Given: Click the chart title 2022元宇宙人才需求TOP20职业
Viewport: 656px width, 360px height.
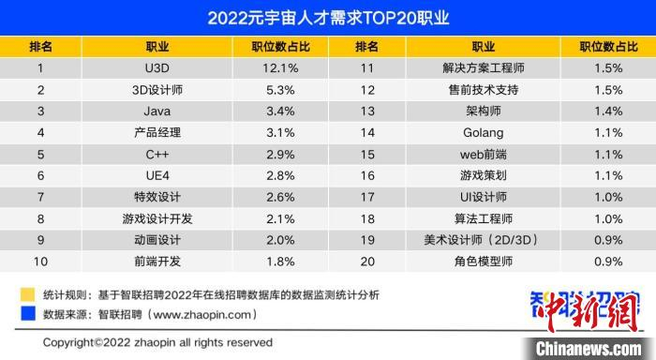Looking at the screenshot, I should [328, 18].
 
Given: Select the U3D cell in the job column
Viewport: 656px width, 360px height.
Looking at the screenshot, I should [157, 68].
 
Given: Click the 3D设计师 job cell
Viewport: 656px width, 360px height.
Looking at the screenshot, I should [157, 90].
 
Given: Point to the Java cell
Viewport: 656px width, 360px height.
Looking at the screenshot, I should [157, 112].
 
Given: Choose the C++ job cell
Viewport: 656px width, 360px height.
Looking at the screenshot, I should [157, 154].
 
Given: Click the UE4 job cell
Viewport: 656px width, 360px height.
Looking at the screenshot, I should [157, 175].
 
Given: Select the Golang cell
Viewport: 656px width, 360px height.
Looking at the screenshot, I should [482, 132].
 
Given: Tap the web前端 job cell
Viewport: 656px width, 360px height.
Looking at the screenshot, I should [482, 154].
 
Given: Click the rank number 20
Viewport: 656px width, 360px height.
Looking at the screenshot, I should [367, 261].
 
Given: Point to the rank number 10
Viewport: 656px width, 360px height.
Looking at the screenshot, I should [40, 261].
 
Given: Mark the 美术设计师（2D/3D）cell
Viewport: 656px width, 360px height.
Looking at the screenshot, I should [482, 239].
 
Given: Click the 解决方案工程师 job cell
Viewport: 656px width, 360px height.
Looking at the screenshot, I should [482, 68].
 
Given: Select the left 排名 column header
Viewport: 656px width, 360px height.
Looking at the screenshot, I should [40, 47].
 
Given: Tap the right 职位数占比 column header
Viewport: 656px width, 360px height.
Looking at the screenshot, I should [608, 47].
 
